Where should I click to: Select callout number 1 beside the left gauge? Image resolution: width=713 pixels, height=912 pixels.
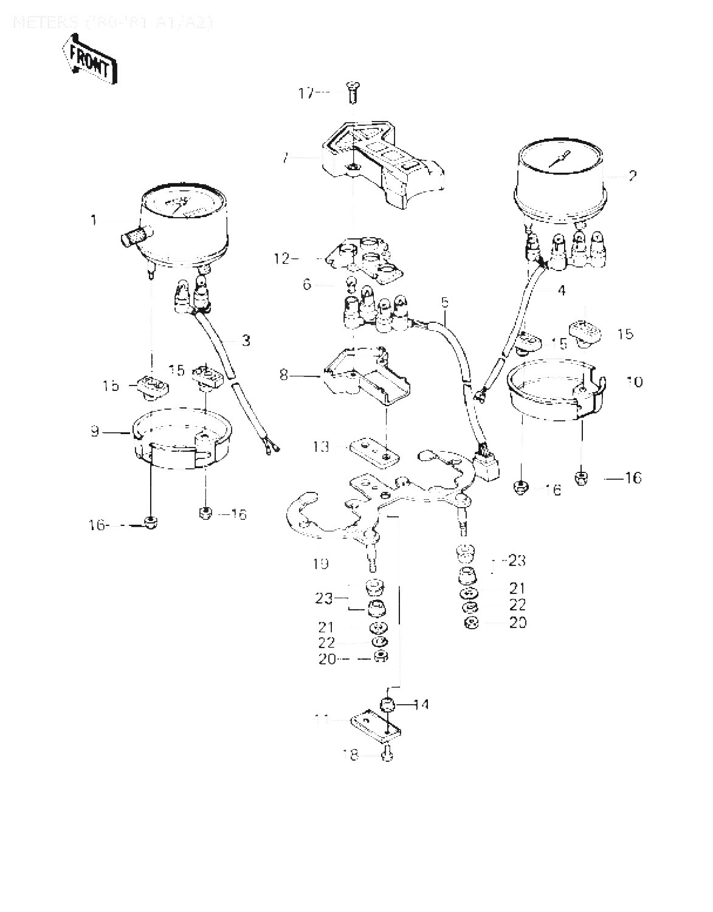tap(94, 219)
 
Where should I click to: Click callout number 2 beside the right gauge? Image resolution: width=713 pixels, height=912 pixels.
tap(633, 176)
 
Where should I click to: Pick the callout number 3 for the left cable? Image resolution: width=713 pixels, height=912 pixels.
tap(246, 340)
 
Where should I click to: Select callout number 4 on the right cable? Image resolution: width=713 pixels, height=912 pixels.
tap(561, 291)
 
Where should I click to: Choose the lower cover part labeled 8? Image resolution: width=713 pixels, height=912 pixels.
tap(365, 377)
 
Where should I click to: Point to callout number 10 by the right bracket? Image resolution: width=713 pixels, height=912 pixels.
tap(634, 381)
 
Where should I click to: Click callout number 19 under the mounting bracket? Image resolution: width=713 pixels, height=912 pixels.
tap(320, 563)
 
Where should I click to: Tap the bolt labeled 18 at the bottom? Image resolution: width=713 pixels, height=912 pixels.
tap(387, 755)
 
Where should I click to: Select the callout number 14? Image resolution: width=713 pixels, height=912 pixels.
tap(421, 705)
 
